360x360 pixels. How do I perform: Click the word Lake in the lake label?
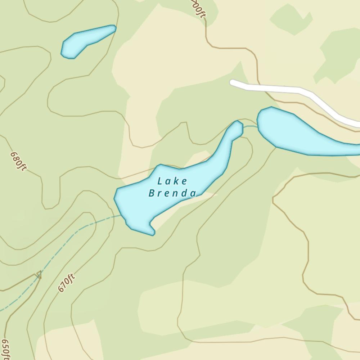pyautogui.click(x=172, y=181)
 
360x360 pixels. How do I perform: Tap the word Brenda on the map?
pyautogui.click(x=172, y=193)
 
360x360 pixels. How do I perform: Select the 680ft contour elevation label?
pyautogui.click(x=18, y=161)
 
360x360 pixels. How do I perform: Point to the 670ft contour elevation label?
pyautogui.click(x=66, y=283)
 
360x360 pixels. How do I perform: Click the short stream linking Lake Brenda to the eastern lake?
pyautogui.click(x=250, y=126)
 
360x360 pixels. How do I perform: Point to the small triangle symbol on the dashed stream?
pyautogui.click(x=38, y=275)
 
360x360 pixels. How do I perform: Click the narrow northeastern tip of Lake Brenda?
pyautogui.click(x=237, y=126)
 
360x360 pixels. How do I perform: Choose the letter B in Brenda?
pyautogui.click(x=152, y=193)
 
